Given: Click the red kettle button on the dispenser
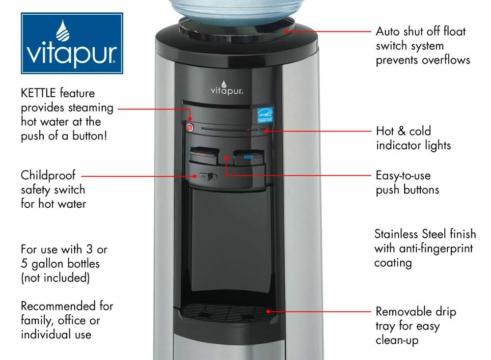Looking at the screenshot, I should click(191, 128).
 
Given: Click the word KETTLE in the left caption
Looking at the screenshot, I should click(39, 93).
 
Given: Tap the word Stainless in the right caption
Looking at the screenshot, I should click(399, 233).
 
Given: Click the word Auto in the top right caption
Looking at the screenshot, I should click(389, 31).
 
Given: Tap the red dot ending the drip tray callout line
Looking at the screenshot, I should click(268, 311).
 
